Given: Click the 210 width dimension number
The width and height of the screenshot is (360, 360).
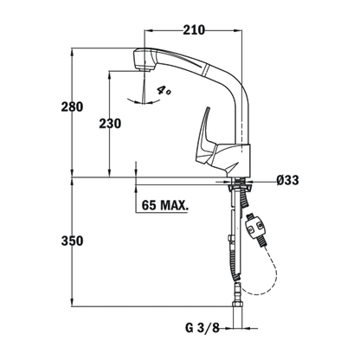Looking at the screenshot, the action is click(x=194, y=30).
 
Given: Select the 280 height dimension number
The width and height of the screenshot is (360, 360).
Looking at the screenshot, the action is click(x=72, y=107).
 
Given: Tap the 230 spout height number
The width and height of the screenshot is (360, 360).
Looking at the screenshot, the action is click(x=110, y=124).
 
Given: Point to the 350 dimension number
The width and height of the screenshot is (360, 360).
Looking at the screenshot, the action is click(x=72, y=241).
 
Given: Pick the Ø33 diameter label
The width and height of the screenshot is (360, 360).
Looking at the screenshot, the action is click(x=287, y=180).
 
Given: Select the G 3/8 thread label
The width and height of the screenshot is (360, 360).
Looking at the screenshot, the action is click(x=202, y=328).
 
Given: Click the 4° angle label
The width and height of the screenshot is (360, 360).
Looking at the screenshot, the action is click(x=164, y=91).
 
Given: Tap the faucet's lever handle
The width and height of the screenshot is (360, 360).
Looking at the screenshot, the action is click(x=205, y=138).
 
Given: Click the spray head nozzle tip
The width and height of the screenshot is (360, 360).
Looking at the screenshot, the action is click(x=145, y=70).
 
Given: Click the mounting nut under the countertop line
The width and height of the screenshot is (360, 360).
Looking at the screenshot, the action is click(x=240, y=187).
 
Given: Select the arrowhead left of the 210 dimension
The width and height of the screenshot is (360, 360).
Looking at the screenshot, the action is click(x=148, y=30).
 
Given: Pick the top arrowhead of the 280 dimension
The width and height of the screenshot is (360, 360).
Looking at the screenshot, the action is click(x=72, y=53).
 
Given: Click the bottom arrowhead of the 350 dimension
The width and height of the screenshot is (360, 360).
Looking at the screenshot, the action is click(x=72, y=302).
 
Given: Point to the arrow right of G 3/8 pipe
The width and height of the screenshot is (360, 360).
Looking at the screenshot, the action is click(x=250, y=328).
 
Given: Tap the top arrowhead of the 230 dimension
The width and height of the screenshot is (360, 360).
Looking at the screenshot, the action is click(x=109, y=75).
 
